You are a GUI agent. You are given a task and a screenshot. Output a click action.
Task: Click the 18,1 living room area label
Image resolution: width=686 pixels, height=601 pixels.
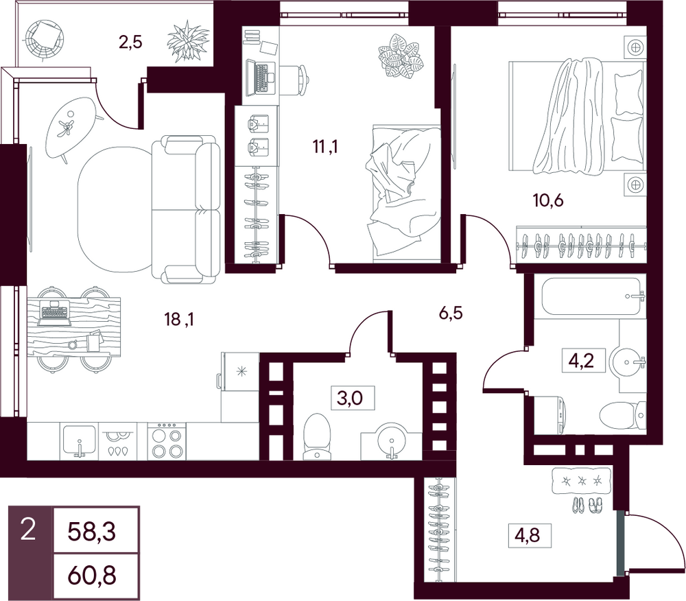[179, 320]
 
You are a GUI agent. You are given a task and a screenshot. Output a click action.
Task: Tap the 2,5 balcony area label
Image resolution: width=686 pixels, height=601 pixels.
[131, 43]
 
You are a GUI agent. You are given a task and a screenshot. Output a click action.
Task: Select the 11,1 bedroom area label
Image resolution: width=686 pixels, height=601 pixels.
[325, 147]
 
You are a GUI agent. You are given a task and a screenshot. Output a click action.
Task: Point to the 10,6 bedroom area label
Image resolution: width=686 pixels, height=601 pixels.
[547, 200]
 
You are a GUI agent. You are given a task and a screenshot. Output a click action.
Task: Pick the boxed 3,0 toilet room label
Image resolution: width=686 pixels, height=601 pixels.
[353, 398]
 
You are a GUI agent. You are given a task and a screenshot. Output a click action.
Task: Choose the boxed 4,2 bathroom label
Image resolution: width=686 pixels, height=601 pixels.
[584, 360]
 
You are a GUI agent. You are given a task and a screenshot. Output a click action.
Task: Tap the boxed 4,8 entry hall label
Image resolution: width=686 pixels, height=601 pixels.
[530, 535]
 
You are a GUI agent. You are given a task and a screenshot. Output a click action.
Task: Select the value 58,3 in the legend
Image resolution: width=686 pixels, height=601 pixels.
[92, 532]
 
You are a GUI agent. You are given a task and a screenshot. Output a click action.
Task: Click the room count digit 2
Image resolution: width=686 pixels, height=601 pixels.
[28, 532]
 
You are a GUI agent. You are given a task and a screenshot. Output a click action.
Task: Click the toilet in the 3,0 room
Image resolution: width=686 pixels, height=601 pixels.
[316, 436]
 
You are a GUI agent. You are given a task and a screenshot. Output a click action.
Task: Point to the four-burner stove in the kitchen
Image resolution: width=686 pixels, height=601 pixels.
[165, 441]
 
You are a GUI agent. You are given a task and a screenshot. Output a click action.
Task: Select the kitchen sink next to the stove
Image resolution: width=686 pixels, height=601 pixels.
[79, 440]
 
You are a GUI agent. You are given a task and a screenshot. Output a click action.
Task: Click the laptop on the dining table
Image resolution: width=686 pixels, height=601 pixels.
[54, 313]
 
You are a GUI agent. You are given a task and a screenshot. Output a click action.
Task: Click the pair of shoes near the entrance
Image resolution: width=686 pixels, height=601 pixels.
[587, 505]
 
